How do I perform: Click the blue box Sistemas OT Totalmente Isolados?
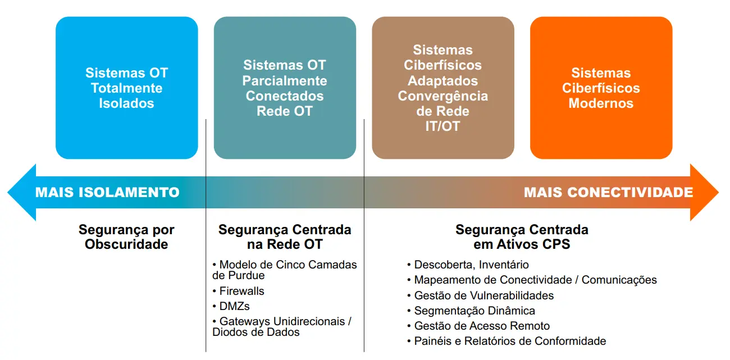(x=127, y=88)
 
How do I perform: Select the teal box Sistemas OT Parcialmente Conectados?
(x=285, y=88)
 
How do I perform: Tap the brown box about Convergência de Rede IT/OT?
(x=443, y=88)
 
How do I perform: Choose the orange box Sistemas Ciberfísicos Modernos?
(x=601, y=88)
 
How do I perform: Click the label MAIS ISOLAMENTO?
(x=107, y=193)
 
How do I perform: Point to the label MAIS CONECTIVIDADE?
(x=609, y=193)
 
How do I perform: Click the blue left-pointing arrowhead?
(x=21, y=193)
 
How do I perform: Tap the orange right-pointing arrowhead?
(x=704, y=193)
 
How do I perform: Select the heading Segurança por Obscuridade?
(x=126, y=237)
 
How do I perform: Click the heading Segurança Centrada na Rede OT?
(x=285, y=237)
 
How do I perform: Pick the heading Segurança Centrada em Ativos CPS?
(x=522, y=237)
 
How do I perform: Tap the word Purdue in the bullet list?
(x=247, y=276)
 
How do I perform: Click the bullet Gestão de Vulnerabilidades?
(x=480, y=295)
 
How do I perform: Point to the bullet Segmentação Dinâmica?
(x=471, y=311)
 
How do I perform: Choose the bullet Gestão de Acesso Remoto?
(x=478, y=326)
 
